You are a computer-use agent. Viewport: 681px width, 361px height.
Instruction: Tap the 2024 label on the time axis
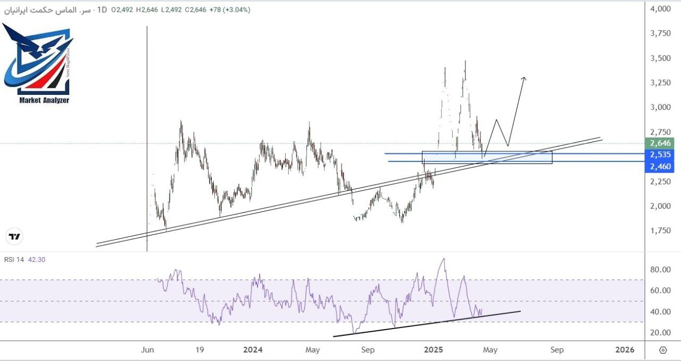253,350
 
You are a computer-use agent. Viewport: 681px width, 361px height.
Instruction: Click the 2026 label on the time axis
625,350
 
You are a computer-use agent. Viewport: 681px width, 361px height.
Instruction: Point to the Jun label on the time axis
147,350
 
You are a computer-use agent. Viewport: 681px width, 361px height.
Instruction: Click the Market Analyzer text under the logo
44,100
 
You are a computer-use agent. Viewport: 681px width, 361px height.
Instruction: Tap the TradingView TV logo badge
15,237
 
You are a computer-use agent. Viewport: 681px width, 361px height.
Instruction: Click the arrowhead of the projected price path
524,79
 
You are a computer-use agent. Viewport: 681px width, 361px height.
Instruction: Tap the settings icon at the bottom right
662,350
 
